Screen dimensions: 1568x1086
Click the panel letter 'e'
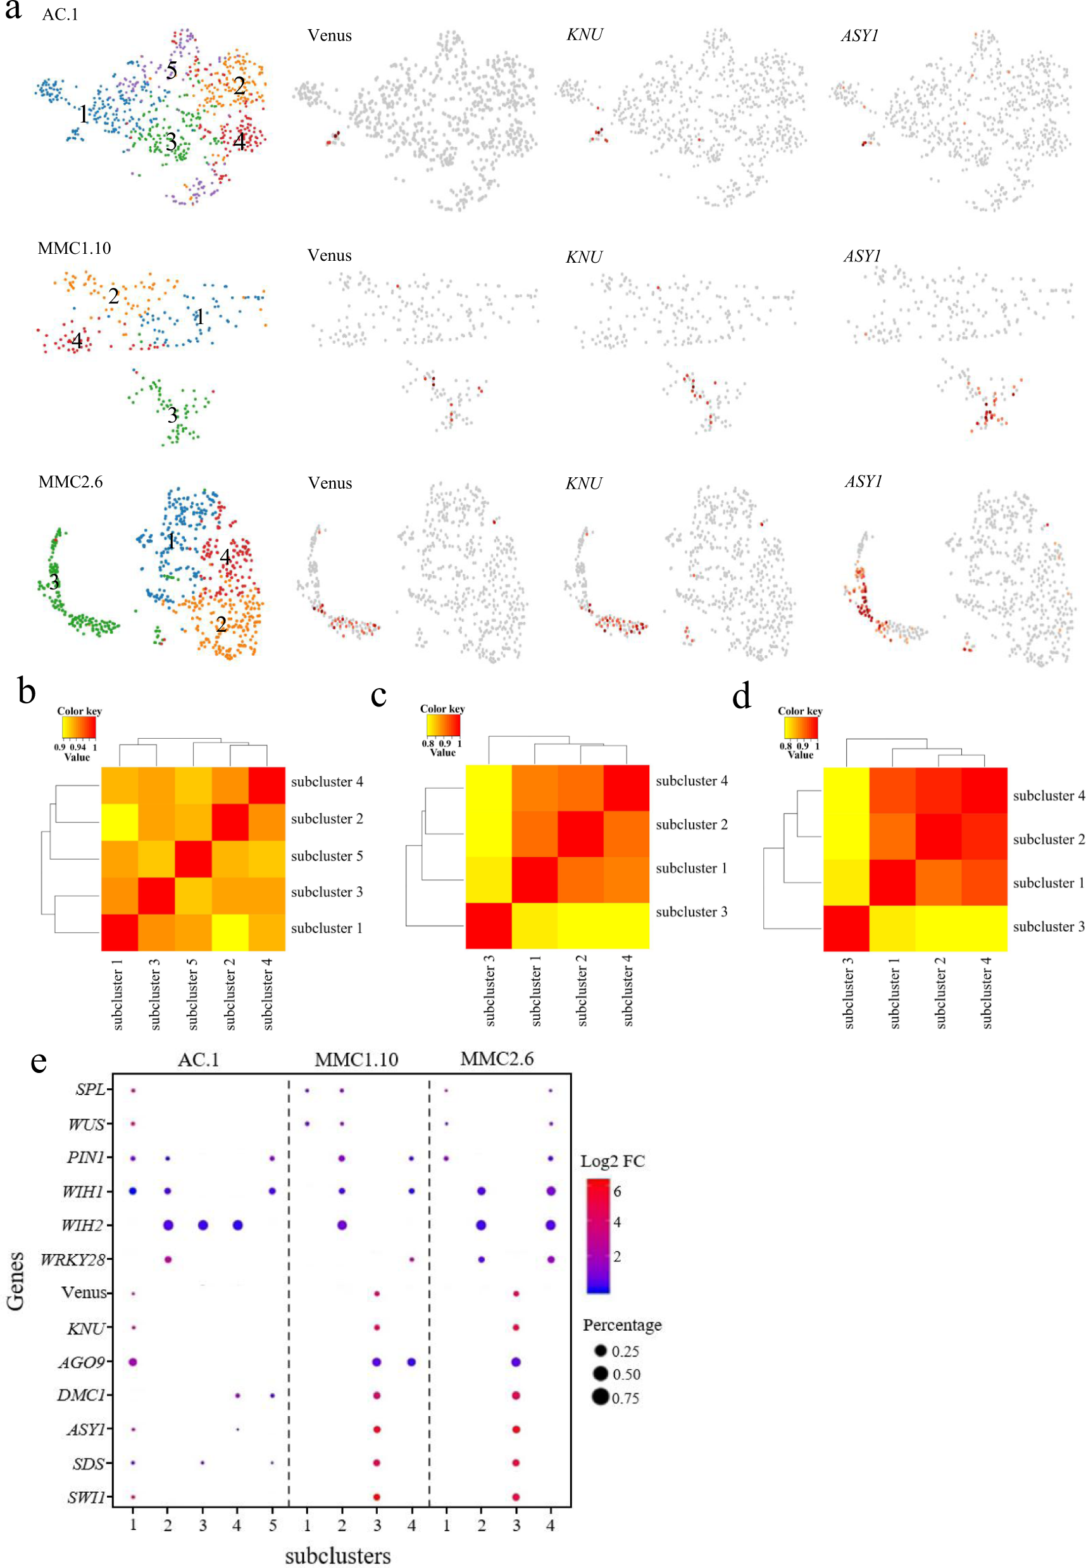tap(39, 1062)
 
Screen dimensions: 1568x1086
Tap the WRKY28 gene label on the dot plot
tap(73, 1260)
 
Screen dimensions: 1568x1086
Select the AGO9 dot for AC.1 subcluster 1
tap(134, 1362)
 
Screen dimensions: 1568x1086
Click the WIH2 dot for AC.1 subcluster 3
tap(203, 1225)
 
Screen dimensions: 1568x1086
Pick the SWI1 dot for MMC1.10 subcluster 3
tap(377, 1496)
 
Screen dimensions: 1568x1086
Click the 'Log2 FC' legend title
tap(613, 1161)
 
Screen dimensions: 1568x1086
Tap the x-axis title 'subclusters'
tap(337, 1555)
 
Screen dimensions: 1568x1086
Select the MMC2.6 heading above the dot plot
tap(497, 1059)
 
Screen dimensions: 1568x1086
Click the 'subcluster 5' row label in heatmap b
tap(327, 856)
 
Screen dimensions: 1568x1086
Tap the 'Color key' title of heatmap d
tap(800, 710)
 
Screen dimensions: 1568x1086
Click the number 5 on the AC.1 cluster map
tap(172, 70)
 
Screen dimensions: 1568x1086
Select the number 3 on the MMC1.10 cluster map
tap(173, 415)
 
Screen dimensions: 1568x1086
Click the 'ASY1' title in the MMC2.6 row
tap(863, 482)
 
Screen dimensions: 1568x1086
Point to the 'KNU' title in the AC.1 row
tap(585, 35)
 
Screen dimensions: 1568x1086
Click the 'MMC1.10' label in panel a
tap(74, 248)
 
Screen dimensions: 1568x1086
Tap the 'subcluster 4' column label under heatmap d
tap(987, 991)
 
